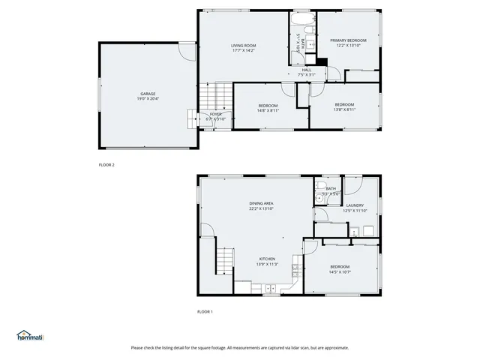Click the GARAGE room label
[x=147, y=94]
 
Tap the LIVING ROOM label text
[x=243, y=46]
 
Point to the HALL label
[x=306, y=70]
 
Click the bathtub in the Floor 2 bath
[x=301, y=18]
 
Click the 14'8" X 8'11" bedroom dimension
[x=268, y=110]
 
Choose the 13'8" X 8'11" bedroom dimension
[x=344, y=109]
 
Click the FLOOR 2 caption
[x=106, y=164]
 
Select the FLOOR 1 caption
[x=205, y=311]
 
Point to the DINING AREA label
[x=261, y=203]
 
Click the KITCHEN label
[x=267, y=259]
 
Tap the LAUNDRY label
[x=355, y=205]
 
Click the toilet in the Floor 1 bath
[x=320, y=185]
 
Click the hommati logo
[x=30, y=335]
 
